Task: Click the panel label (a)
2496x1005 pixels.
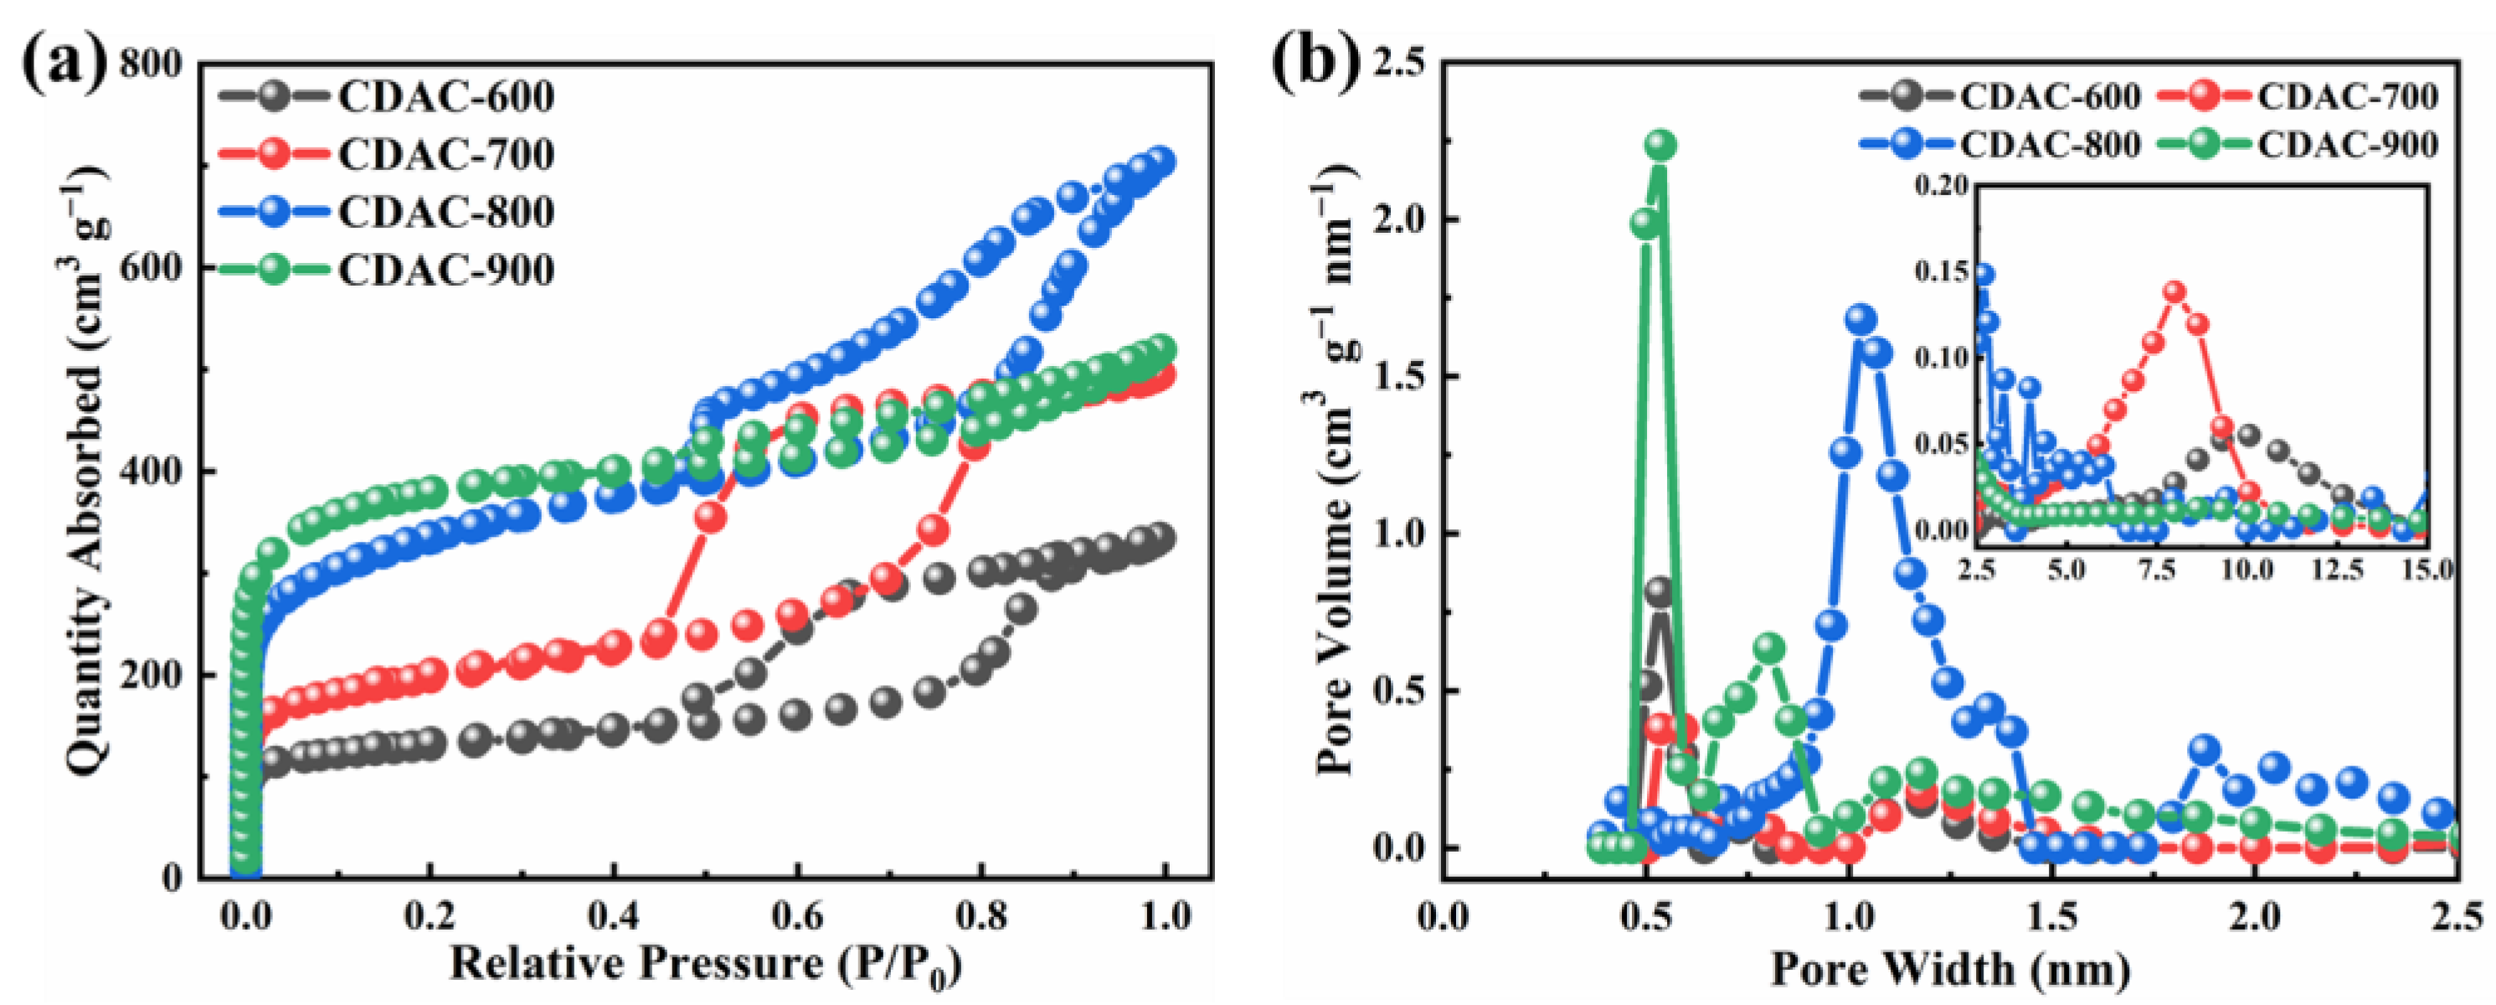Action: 64,66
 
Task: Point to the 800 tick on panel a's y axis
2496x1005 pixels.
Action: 150,65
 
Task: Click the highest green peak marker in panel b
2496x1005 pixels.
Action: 1660,146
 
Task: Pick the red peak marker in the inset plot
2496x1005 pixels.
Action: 2174,292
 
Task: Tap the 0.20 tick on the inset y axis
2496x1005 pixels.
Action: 1943,185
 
